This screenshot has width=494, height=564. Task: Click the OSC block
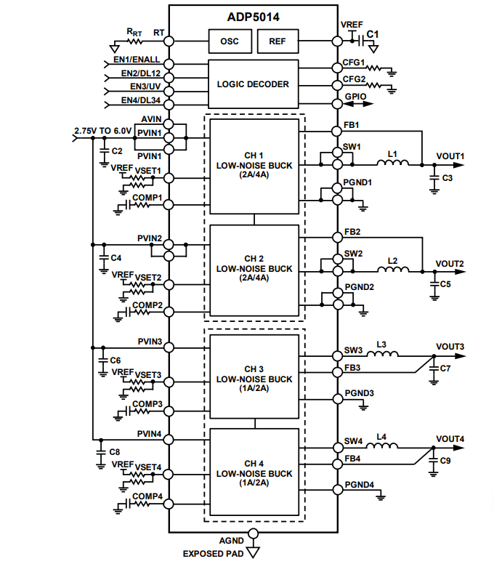click(x=229, y=41)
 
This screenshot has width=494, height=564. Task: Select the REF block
click(x=278, y=41)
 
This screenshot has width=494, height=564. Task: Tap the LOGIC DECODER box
click(x=253, y=84)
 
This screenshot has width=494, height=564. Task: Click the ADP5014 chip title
click(x=253, y=14)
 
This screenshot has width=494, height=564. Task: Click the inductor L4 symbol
click(x=382, y=447)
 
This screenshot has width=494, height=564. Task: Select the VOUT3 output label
click(x=450, y=346)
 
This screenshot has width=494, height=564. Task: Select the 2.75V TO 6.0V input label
click(x=102, y=131)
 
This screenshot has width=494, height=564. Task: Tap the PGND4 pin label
click(x=360, y=485)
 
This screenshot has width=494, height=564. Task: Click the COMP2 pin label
click(x=147, y=305)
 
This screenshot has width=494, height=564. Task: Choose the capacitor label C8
click(x=115, y=452)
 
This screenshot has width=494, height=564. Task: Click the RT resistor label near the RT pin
click(x=134, y=32)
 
